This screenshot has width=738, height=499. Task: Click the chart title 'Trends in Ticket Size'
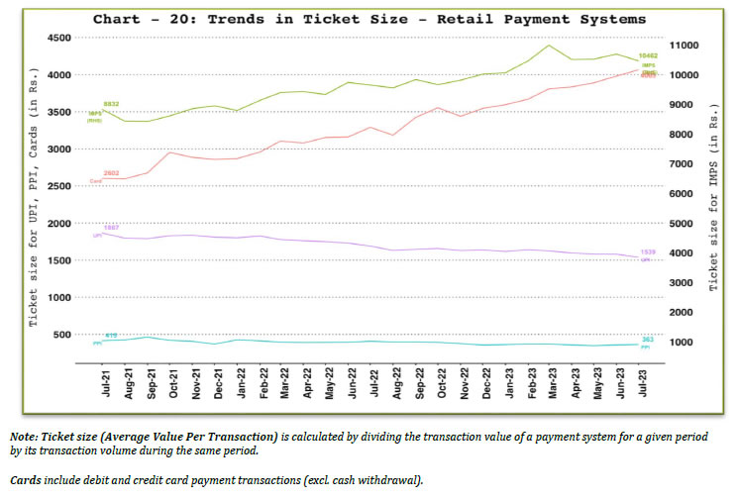(369, 18)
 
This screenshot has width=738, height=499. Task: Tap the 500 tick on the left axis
(62, 335)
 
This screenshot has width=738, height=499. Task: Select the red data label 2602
(111, 173)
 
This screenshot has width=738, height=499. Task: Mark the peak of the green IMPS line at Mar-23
(549, 45)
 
